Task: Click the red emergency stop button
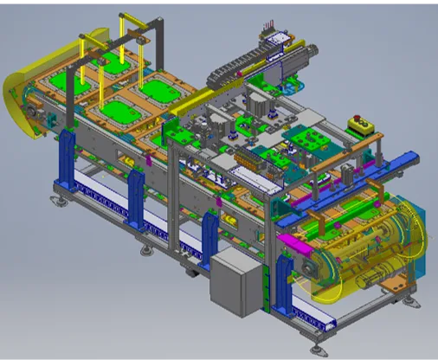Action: click(354, 120)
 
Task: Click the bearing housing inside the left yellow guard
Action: click(35, 112)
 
